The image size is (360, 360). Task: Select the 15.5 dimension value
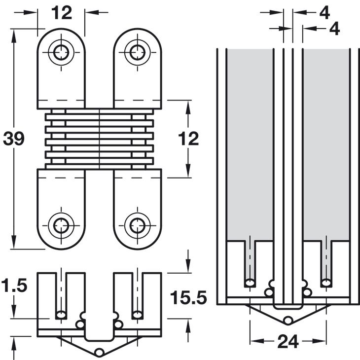coord(187,297)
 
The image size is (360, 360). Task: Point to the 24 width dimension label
coord(288,341)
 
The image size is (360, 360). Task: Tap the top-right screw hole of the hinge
coord(136,51)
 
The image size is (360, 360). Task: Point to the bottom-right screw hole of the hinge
coord(136,226)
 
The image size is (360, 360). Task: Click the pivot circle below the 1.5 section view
coord(99,352)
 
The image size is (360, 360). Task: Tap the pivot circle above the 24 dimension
coord(288,321)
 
